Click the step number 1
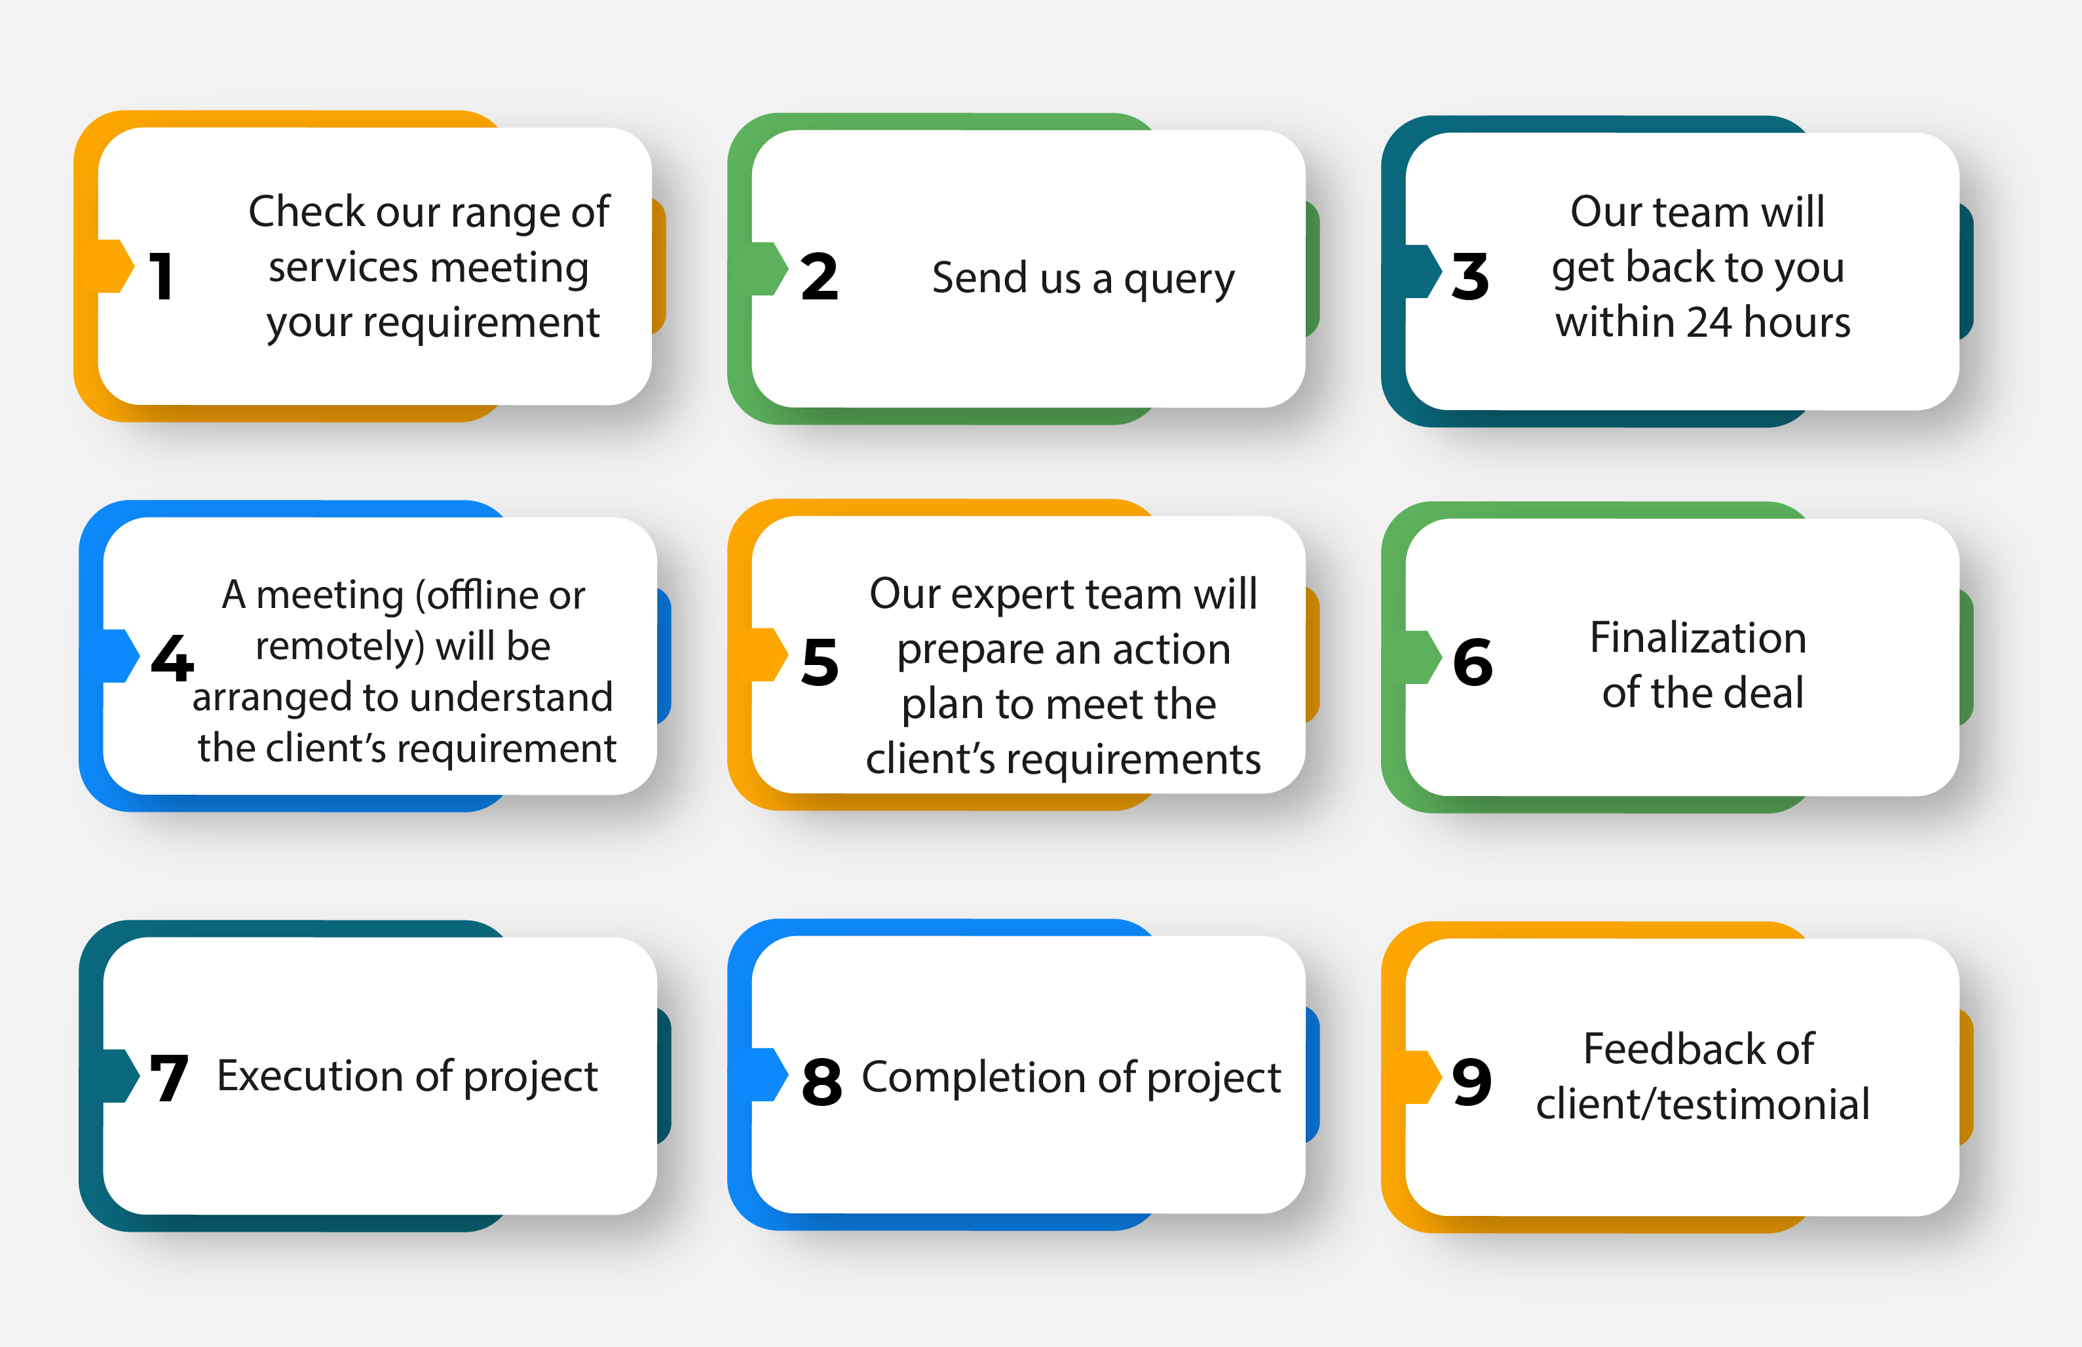coord(162,276)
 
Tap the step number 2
coord(820,276)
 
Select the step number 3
coord(1470,276)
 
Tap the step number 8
coord(822,1081)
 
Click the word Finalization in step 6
coord(1698,637)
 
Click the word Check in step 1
coord(307,211)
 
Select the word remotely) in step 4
coord(340,647)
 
